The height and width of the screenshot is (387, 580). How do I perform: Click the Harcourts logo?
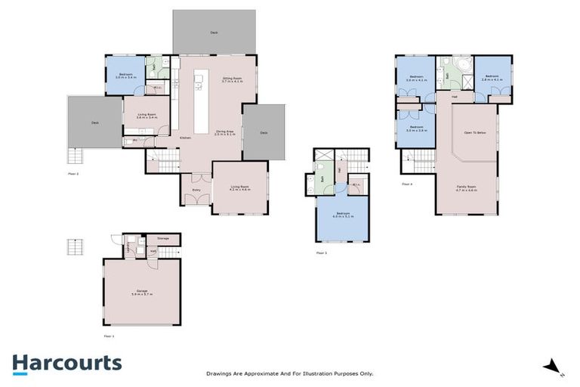point(66,363)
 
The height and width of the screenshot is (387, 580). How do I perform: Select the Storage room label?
point(164,239)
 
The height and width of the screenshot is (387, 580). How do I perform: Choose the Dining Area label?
point(225,132)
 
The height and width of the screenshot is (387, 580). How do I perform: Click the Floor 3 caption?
point(321,252)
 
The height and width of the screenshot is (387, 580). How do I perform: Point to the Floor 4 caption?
point(406,184)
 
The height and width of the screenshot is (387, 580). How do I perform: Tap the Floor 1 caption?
point(109,335)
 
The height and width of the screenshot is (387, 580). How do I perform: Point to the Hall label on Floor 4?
point(455,97)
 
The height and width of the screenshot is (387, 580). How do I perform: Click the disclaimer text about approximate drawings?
point(290,373)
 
